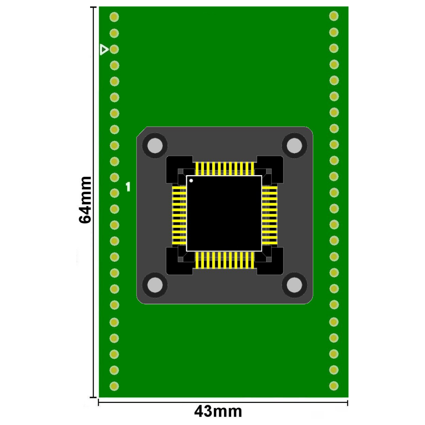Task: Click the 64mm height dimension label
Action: click(x=85, y=200)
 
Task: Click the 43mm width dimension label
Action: click(x=218, y=411)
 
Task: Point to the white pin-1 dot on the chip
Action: click(x=191, y=181)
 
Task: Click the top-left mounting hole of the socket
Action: click(x=155, y=146)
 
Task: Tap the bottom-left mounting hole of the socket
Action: click(x=155, y=285)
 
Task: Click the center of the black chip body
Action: click(x=224, y=213)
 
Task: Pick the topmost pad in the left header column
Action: click(x=114, y=17)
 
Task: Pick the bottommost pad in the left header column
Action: click(x=114, y=386)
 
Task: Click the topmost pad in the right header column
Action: click(x=334, y=16)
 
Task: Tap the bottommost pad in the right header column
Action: click(x=334, y=385)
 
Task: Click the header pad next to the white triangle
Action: click(x=114, y=49)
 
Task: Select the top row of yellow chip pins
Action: click(x=224, y=168)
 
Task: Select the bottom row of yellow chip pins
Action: click(x=224, y=260)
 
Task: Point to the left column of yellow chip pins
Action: click(x=179, y=215)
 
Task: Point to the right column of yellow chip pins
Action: click(x=269, y=215)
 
